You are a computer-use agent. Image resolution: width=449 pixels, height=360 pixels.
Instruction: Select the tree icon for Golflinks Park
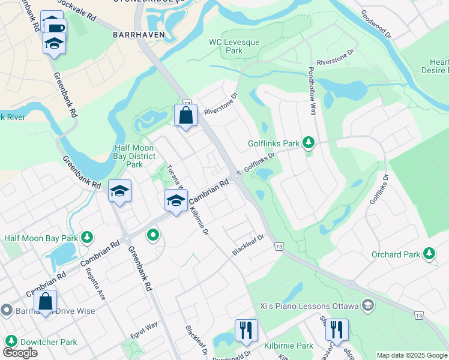coord(308,142)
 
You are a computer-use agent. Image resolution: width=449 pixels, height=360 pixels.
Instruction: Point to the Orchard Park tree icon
coord(430,254)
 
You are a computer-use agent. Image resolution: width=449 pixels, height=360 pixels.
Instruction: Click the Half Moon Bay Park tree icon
coord(88,238)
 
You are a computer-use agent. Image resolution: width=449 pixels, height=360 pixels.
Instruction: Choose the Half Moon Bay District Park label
coord(135,156)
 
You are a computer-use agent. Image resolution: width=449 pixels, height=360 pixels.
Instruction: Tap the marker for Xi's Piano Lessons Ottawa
coord(369,306)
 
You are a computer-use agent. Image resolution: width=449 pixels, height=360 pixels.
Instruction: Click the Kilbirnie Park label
coord(289,346)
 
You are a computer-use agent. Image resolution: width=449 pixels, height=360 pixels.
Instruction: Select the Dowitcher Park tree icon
coord(10,341)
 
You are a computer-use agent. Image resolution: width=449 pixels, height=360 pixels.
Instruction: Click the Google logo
coord(20,353)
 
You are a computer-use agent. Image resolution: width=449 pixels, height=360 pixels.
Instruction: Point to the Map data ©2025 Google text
coord(412,355)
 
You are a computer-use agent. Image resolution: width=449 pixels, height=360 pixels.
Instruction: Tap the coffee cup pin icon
coord(56,28)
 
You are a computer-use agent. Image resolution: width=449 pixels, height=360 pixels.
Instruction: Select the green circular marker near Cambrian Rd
coord(153,235)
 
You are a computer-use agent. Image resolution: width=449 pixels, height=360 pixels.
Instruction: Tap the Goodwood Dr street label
coord(376,25)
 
